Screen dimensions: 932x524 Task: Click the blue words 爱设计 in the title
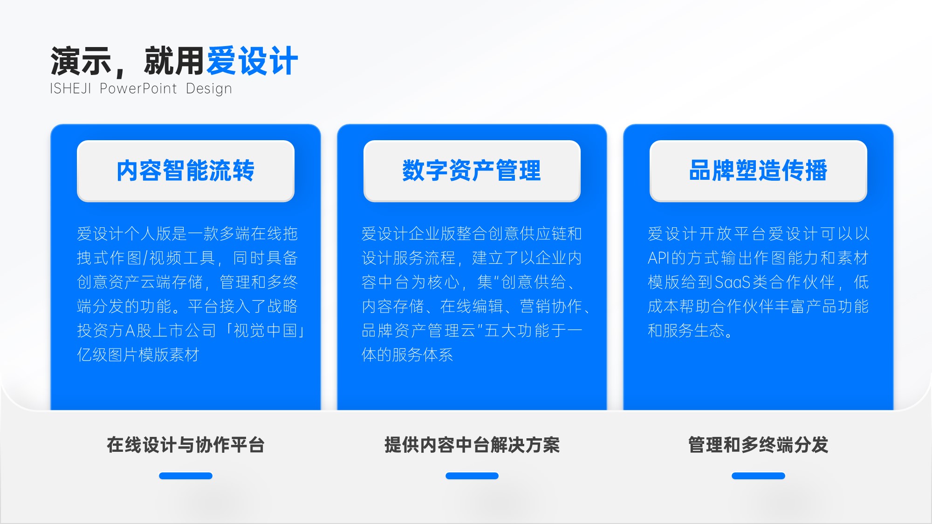252,61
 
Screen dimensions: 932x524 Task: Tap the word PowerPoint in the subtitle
138,88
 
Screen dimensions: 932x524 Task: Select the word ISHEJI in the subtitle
70,88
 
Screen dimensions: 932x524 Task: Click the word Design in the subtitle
209,88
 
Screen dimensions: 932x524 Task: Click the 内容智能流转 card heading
185,170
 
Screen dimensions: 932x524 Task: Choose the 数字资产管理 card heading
472,170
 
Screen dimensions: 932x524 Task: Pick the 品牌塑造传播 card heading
758,170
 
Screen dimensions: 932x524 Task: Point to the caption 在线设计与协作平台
185,445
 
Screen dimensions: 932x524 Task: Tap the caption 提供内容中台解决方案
472,445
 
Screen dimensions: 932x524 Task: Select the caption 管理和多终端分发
758,445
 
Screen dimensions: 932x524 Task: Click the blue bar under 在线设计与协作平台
185,476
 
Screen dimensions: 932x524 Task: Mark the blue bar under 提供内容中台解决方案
472,476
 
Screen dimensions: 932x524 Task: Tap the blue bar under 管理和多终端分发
758,476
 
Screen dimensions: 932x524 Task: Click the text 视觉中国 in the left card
265,331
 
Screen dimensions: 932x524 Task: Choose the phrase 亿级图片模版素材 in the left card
138,355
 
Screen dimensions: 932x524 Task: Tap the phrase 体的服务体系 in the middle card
407,355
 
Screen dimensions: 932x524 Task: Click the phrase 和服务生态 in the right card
686,331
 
